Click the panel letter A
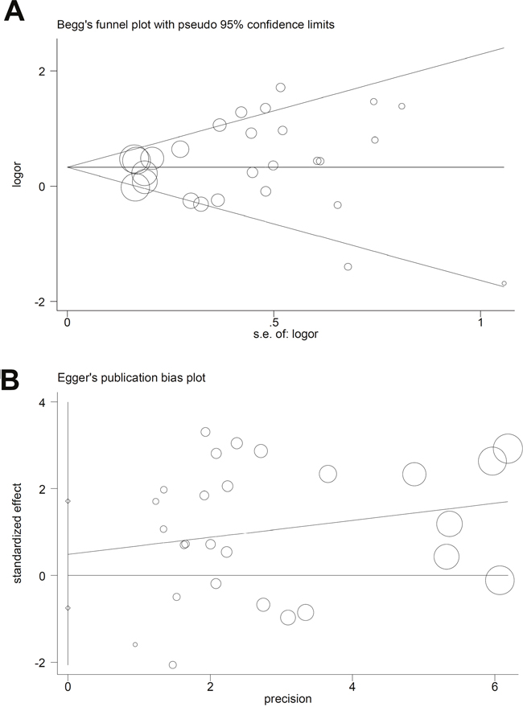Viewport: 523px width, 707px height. (14, 11)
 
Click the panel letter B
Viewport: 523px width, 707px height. (9, 380)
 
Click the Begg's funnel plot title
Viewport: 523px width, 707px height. (196, 25)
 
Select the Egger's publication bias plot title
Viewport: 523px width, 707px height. (131, 377)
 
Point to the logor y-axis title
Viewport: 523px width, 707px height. (17, 175)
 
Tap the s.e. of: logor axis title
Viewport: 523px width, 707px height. (286, 334)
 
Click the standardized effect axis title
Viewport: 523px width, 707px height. (17, 533)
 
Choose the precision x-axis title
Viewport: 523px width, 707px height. (287, 699)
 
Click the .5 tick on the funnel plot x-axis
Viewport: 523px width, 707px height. (274, 323)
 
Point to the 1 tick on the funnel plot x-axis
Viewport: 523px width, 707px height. (480, 323)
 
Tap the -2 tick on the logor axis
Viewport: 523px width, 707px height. (40, 302)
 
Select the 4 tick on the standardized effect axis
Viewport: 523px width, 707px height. (42, 402)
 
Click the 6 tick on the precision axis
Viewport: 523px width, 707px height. (495, 687)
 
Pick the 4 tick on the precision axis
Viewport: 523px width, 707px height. (352, 687)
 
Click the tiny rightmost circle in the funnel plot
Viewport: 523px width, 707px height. (504, 283)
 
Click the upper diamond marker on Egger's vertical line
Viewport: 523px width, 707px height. (68, 501)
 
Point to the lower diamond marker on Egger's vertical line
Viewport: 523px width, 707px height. (68, 608)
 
